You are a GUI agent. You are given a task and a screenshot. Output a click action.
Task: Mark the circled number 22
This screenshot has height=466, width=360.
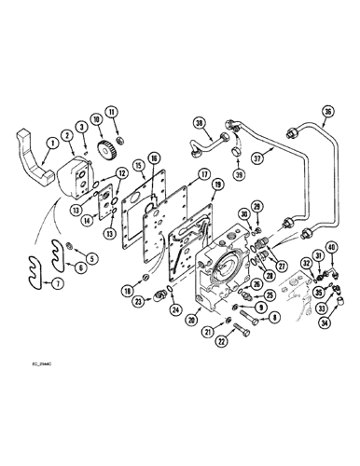point(221,339)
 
